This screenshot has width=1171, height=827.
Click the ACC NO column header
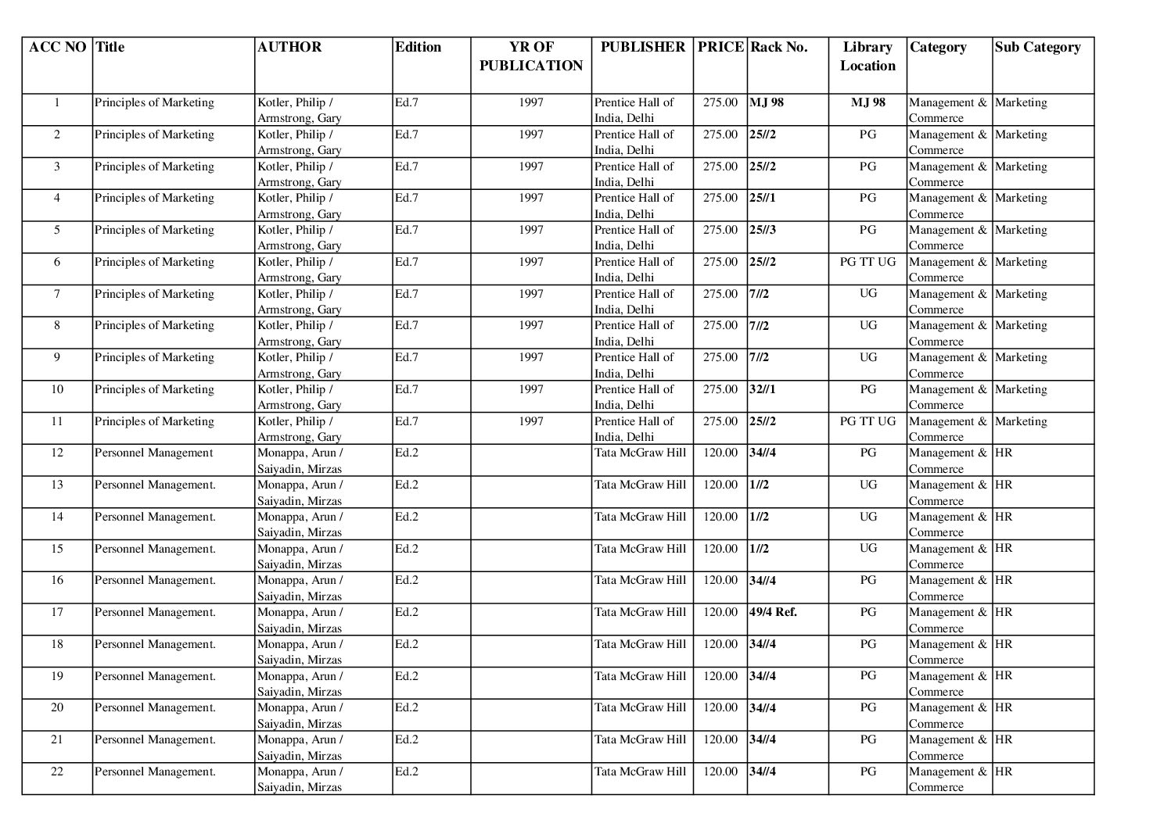[x=57, y=47]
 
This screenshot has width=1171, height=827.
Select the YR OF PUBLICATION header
[x=531, y=56]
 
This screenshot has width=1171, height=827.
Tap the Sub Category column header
[x=1037, y=47]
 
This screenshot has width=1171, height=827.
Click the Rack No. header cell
[x=778, y=47]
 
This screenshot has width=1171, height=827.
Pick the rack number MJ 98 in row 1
[x=767, y=102]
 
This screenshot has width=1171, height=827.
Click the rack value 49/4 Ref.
[x=773, y=612]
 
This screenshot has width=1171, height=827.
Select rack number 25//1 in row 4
[x=763, y=198]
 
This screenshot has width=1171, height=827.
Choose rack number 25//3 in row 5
[x=763, y=230]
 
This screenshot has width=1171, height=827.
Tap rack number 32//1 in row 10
[x=763, y=389]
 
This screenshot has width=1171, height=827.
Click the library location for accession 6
[x=867, y=262]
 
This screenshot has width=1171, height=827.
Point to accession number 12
[x=57, y=453]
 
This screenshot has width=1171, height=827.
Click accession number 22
[x=57, y=772]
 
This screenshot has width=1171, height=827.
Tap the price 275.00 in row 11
[x=720, y=421]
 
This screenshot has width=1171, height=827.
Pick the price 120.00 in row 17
[x=720, y=612]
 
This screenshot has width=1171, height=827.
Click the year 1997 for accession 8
[x=531, y=325]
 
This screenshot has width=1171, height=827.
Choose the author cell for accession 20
[x=300, y=715]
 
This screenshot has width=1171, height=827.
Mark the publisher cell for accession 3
[x=634, y=174]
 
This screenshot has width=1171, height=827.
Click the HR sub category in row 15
[x=1004, y=548]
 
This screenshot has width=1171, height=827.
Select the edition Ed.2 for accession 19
[x=407, y=676]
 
